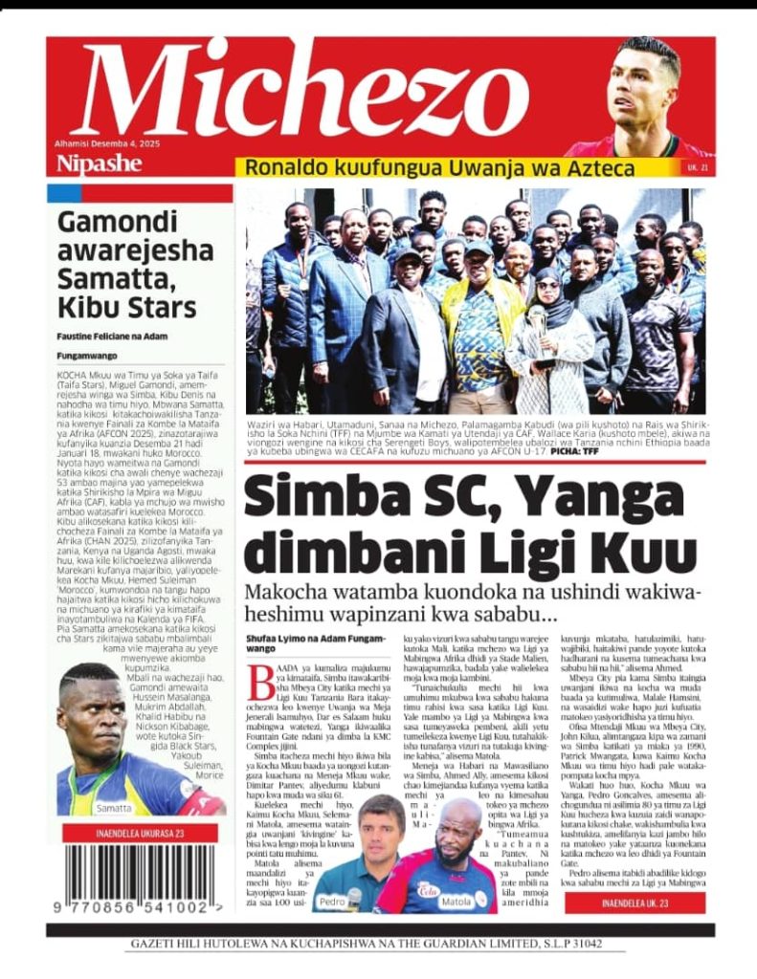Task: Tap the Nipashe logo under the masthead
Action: coord(99,163)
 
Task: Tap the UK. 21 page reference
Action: coord(698,168)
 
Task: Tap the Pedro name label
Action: coord(332,902)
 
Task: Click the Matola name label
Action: coord(456,901)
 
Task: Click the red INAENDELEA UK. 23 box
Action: coord(635,903)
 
